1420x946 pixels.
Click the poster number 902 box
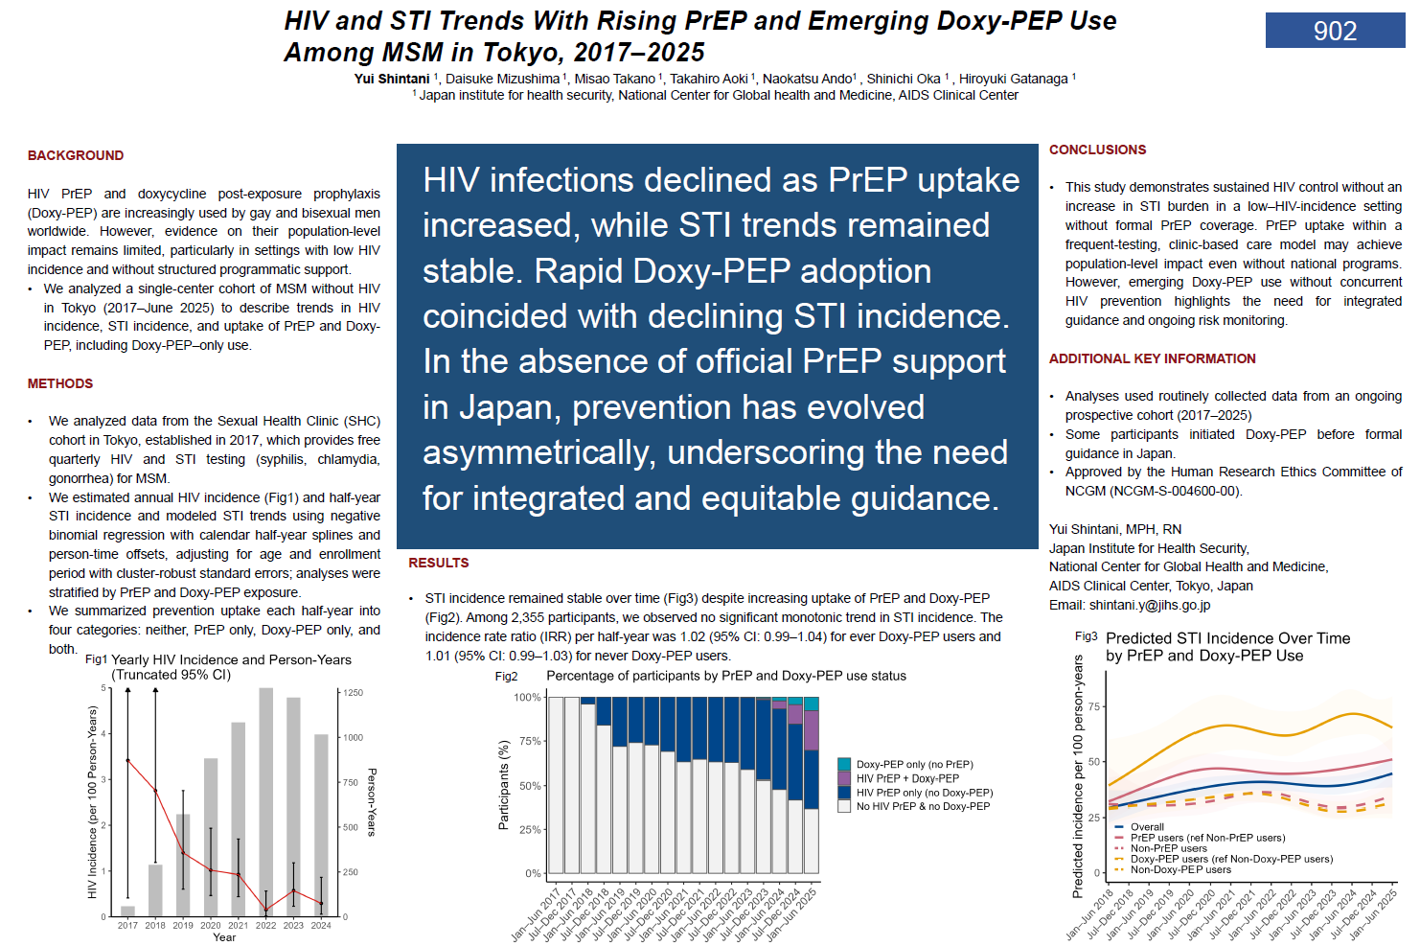coord(1335,31)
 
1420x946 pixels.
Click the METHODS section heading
coord(60,383)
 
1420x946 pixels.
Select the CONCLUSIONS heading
coord(1097,150)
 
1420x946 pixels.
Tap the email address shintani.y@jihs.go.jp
coord(1149,605)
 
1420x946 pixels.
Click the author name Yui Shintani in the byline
coord(392,79)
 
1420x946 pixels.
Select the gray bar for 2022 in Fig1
coord(266,802)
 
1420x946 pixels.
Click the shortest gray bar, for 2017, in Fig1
coord(127,911)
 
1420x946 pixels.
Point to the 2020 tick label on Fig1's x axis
coord(211,926)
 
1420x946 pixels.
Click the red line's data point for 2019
coord(183,853)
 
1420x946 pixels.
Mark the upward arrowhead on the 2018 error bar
coord(155,690)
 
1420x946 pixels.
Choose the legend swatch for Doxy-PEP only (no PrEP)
coord(844,764)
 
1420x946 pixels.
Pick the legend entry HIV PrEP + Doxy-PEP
coord(907,778)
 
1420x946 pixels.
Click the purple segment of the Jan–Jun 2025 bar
coord(812,730)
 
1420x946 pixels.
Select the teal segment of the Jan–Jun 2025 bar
coord(812,704)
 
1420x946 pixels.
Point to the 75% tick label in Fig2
coord(527,741)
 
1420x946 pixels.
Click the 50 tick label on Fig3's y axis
coord(1094,762)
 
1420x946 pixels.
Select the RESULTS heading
coord(439,563)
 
